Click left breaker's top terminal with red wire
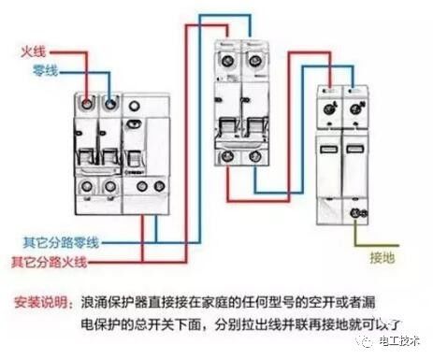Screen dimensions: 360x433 point(88,101)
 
